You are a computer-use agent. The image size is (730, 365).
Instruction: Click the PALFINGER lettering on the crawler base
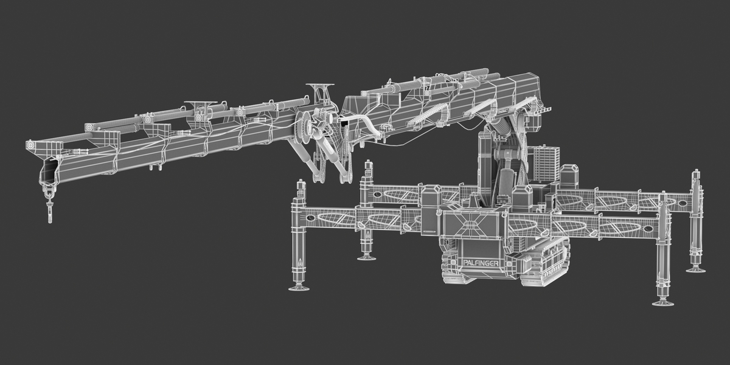[x=481, y=263]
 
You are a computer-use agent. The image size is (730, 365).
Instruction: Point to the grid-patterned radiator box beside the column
[x=543, y=164]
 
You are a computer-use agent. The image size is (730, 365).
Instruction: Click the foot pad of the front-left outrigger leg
[x=299, y=288]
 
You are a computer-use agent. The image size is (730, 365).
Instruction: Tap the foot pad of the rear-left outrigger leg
[x=368, y=258]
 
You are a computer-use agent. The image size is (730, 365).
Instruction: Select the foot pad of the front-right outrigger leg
[x=663, y=303]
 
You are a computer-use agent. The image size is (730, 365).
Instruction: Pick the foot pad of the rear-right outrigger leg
[x=695, y=269]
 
